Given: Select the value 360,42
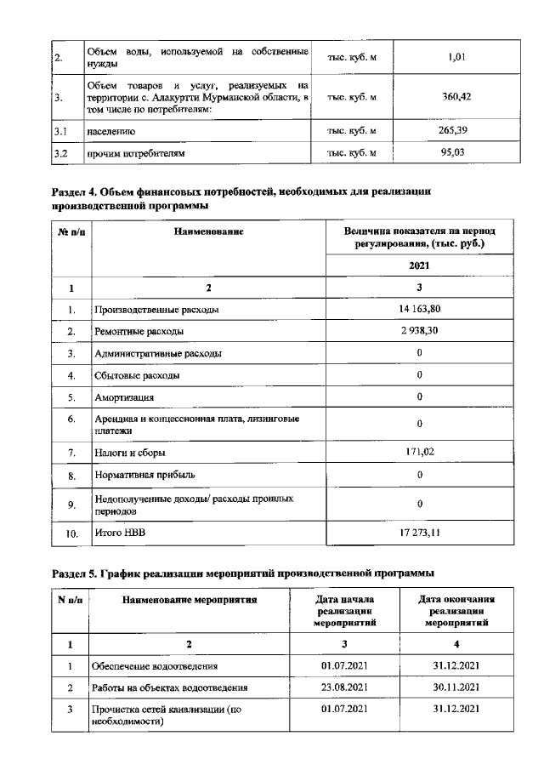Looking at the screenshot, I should click(x=457, y=97).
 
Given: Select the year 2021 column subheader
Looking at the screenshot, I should click(x=419, y=265).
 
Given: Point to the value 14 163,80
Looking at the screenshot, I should click(x=420, y=310).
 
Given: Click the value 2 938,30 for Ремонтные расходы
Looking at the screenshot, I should click(x=420, y=331).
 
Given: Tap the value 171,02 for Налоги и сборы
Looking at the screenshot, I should click(x=420, y=452).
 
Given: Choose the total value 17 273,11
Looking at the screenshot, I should click(x=420, y=533).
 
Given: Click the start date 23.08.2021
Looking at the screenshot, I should click(x=344, y=687).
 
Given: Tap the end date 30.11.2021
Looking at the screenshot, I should click(x=457, y=687).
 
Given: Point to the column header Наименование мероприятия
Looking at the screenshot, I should click(x=190, y=601).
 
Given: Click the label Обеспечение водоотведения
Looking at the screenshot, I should click(x=155, y=666).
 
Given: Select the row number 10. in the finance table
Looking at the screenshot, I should click(x=72, y=534).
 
